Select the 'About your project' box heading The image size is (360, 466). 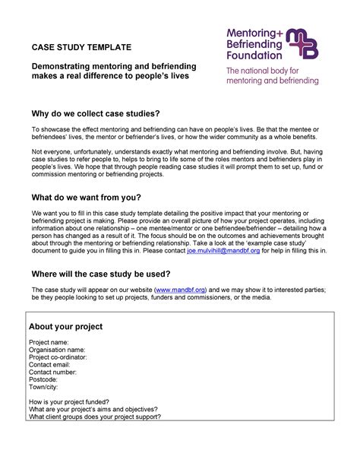(x=65, y=327)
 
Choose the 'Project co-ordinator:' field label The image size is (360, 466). (x=59, y=358)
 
